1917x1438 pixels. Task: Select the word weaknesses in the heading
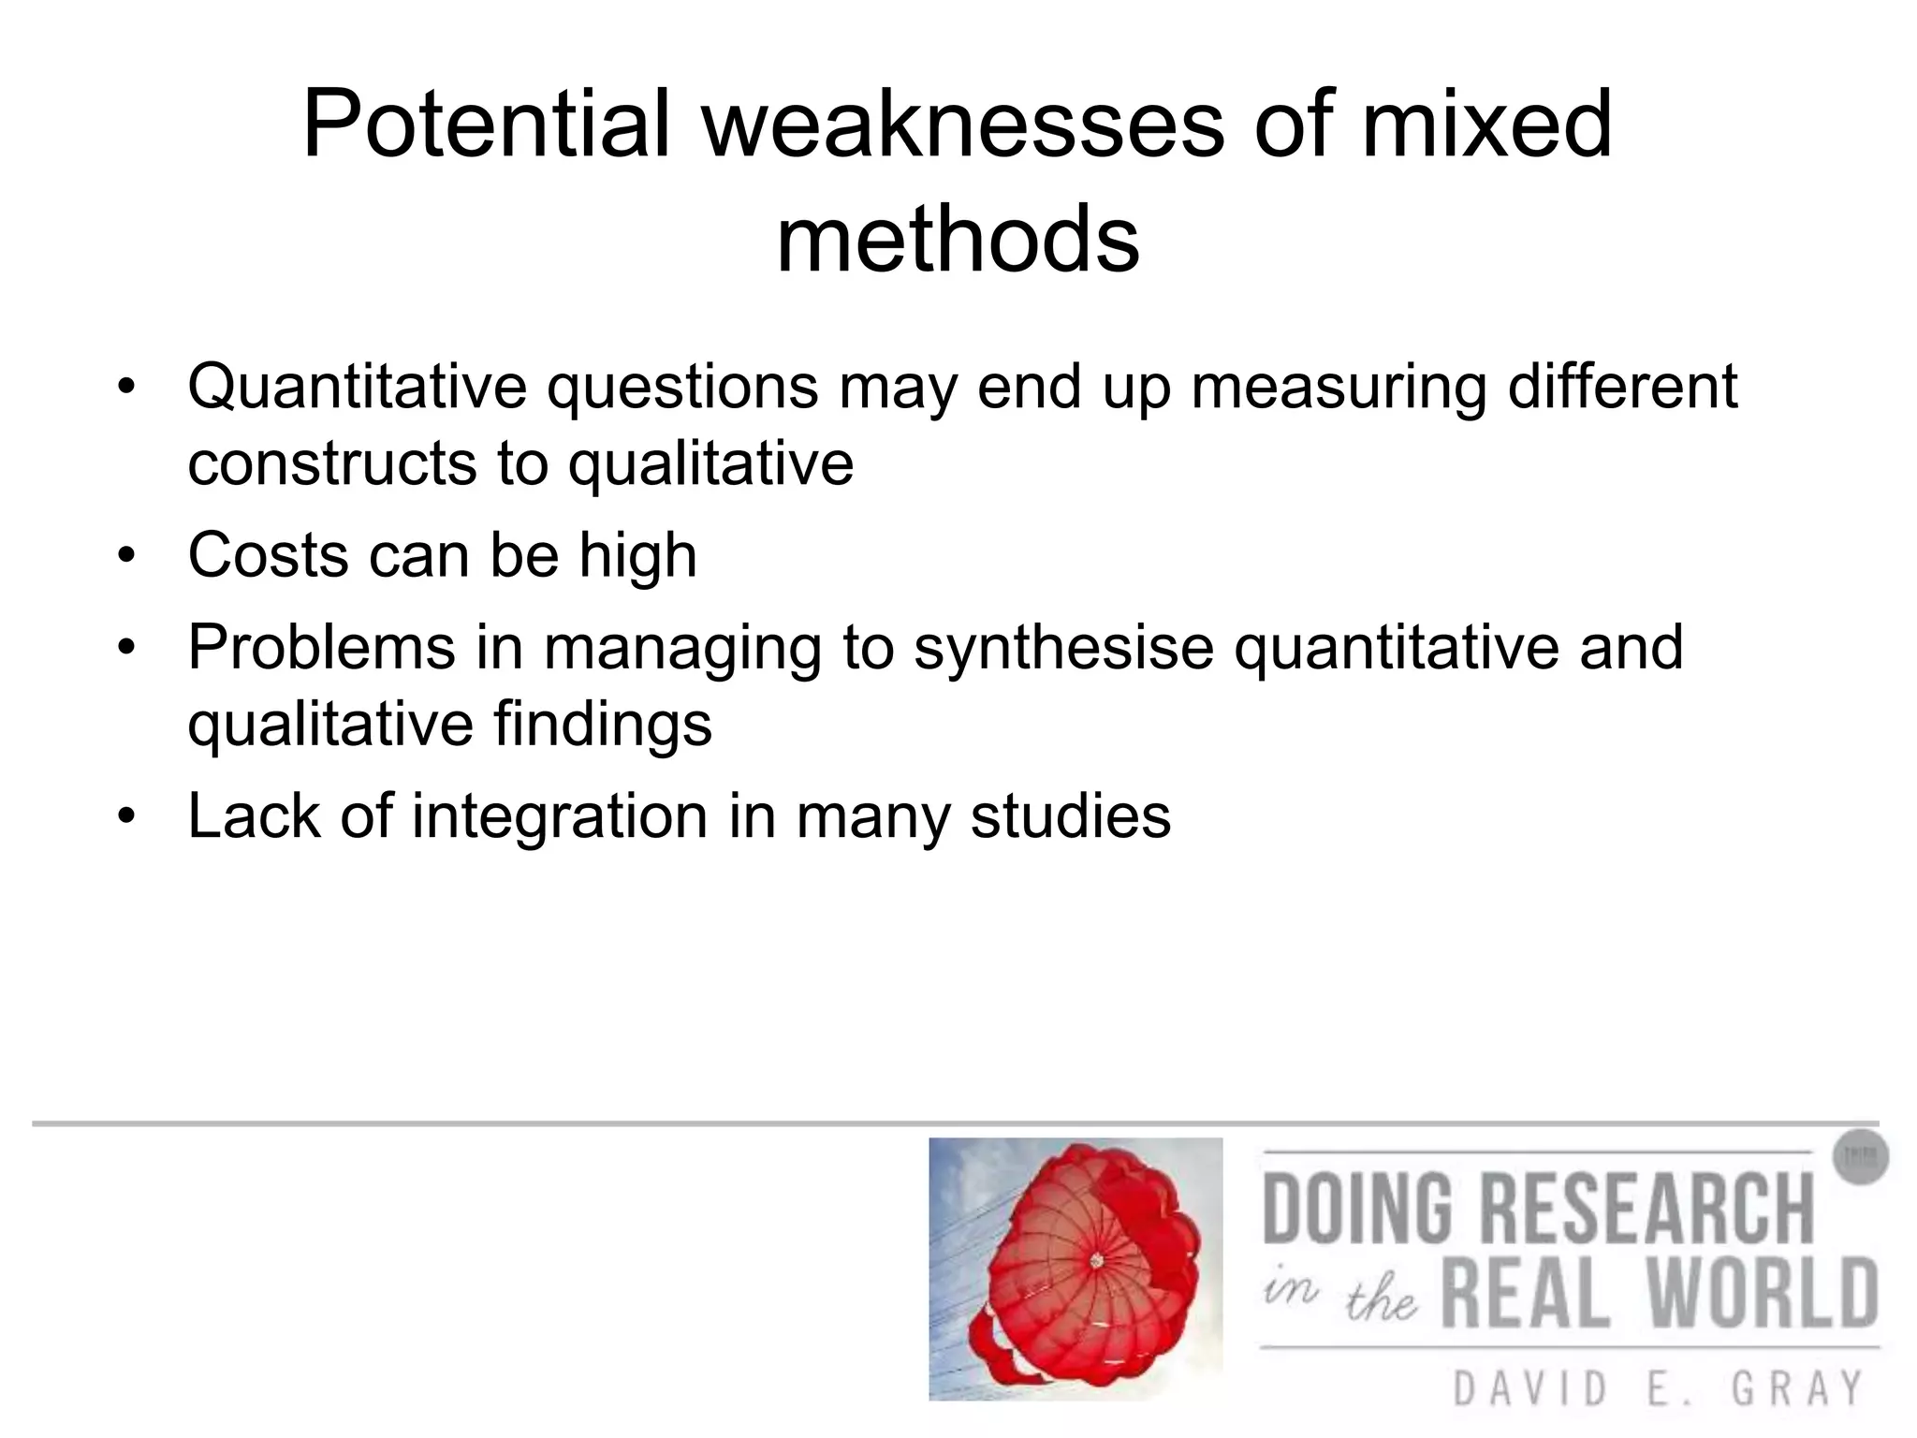point(963,125)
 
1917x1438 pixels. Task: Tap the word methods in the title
point(958,240)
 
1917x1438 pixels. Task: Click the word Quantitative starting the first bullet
point(357,387)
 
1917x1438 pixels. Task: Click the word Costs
point(268,555)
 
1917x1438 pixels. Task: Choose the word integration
point(559,815)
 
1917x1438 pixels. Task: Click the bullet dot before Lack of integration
point(127,816)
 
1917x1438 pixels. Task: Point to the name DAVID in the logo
point(1530,1388)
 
